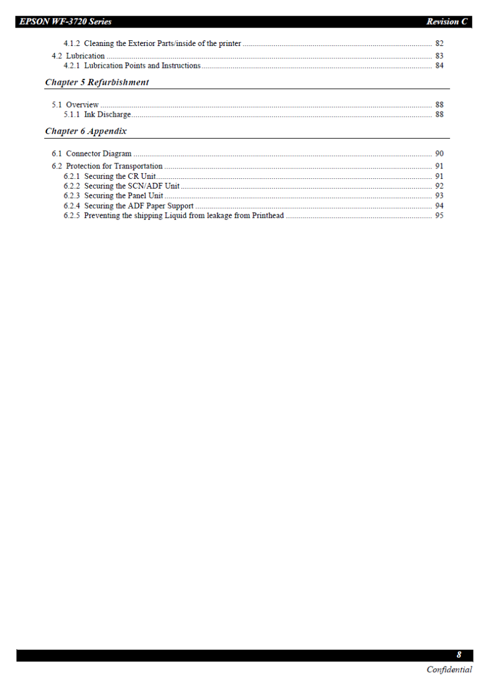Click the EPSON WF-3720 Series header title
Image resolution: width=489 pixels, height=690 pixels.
(65, 22)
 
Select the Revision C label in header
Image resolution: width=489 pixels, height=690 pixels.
(446, 22)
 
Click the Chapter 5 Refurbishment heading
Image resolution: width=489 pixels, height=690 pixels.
(97, 82)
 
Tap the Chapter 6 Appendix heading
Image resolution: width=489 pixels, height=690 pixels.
(86, 131)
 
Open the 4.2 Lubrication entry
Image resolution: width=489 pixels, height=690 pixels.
(78, 56)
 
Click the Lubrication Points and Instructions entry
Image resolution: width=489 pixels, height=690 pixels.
(142, 66)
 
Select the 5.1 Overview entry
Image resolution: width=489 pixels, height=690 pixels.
(75, 105)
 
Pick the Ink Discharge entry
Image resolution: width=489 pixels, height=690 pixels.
(107, 114)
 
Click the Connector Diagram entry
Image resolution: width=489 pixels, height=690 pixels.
(98, 154)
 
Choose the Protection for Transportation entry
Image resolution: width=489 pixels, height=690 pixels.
(114, 166)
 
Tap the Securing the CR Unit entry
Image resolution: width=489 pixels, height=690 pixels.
(120, 176)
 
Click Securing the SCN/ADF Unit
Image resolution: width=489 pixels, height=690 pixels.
(132, 186)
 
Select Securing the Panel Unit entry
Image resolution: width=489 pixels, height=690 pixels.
(124, 195)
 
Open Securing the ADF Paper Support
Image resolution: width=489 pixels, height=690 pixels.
(138, 205)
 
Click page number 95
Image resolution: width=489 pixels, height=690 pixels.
(439, 216)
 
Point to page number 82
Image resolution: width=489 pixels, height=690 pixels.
(439, 43)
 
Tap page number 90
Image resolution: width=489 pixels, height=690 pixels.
(439, 154)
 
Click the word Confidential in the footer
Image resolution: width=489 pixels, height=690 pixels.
(449, 669)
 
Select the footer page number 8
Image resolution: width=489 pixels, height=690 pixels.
(459, 655)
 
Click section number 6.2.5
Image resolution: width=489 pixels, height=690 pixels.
(72, 216)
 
